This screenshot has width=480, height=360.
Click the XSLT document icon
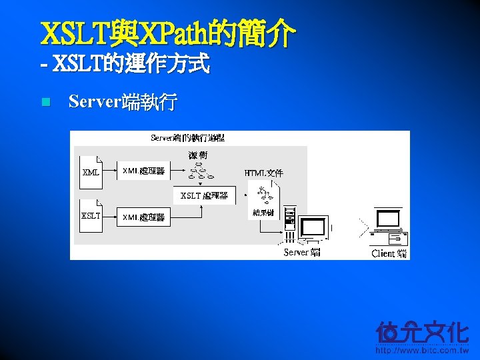pyautogui.click(x=90, y=215)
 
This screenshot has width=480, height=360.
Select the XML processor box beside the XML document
pyautogui.click(x=143, y=171)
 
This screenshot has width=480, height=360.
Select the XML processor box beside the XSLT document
pyautogui.click(x=143, y=217)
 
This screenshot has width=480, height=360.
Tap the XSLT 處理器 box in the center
pyautogui.click(x=204, y=195)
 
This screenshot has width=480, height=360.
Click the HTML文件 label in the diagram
pyautogui.click(x=264, y=173)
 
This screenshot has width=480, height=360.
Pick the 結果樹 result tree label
pyautogui.click(x=263, y=213)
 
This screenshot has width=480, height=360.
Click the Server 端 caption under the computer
pyautogui.click(x=302, y=252)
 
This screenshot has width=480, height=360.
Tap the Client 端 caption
pyautogui.click(x=389, y=253)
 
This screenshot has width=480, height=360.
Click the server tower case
pyautogui.click(x=289, y=223)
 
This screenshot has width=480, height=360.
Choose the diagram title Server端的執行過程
pyautogui.click(x=187, y=138)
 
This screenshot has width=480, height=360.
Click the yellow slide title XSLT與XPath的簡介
pyautogui.click(x=167, y=33)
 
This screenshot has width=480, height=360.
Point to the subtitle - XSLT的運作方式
pyautogui.click(x=125, y=65)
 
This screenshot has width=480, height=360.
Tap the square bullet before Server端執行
pyautogui.click(x=45, y=102)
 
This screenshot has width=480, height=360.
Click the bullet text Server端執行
pyautogui.click(x=123, y=102)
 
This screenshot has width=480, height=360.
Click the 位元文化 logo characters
pyautogui.click(x=422, y=332)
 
